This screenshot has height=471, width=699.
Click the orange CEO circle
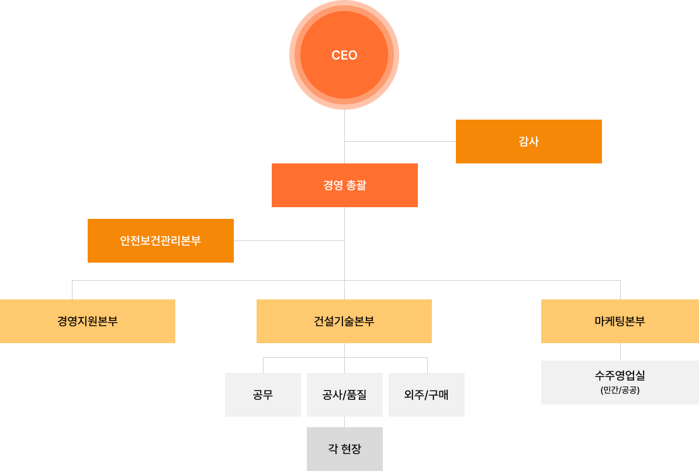coord(344,55)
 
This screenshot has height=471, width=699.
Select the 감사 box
coord(528,141)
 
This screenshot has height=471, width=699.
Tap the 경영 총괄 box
coord(344,185)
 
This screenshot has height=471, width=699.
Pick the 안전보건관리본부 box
coord(160,240)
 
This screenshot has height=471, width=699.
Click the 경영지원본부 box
coord(87,321)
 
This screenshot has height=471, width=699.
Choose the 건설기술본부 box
coord(344,321)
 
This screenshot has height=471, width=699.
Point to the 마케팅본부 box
coord(620,321)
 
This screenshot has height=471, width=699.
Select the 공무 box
coord(262,395)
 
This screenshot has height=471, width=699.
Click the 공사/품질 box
coord(344,395)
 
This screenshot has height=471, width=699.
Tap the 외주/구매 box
coord(426,395)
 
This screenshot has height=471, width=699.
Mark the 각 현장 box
coord(344,449)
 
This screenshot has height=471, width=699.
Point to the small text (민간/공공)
coord(620,390)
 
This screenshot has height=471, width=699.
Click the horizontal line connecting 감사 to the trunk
coord(400,141)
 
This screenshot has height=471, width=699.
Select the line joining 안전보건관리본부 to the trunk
coord(289,240)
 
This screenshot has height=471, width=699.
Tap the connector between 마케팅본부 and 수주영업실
coord(620,351)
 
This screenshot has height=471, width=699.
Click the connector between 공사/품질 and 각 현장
coord(344,422)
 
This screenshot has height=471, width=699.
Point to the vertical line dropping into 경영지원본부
coord(72,290)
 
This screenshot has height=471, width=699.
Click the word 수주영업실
coord(620,375)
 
